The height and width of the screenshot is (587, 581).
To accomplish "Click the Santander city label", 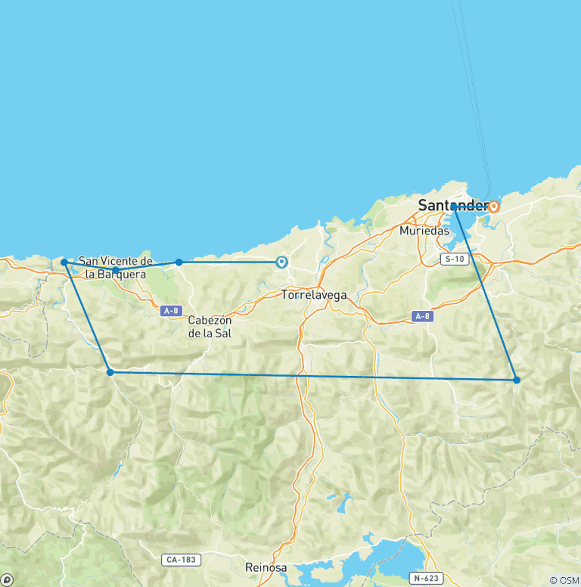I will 452,205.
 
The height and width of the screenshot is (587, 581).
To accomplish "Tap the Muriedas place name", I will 424,231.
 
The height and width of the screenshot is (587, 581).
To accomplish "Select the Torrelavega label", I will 313,295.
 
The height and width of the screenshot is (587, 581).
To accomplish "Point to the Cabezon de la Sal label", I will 210,326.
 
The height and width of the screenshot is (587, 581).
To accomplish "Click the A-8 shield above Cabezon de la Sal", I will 171,310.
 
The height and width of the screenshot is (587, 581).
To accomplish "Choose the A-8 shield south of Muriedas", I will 423,316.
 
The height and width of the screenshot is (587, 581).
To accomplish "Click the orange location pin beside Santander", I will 494,206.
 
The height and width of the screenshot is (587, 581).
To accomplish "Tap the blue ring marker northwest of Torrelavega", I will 281,262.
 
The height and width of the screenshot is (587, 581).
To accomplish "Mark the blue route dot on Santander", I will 454,207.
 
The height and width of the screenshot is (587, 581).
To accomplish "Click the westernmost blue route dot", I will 64,262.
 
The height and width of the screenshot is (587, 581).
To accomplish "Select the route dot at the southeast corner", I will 517,380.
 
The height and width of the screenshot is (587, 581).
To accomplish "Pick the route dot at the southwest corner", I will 110,372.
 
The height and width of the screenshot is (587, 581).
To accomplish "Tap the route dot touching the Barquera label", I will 115,269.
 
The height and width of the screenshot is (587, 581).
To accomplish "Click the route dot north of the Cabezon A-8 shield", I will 179,262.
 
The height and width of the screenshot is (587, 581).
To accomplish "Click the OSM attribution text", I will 564,580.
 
